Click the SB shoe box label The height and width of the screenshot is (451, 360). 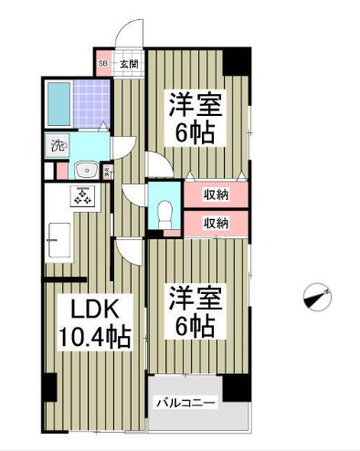pos(102,64)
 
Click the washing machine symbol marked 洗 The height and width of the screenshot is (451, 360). pos(58,144)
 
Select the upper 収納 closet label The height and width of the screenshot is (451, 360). pos(216,194)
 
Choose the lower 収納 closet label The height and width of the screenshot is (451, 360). pos(216,222)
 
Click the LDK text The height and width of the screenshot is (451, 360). pos(84,306)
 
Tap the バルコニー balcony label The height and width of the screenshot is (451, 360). pos(185,401)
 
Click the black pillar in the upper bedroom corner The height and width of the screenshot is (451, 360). pos(238,61)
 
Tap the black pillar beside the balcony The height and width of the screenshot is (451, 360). pos(237,386)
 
